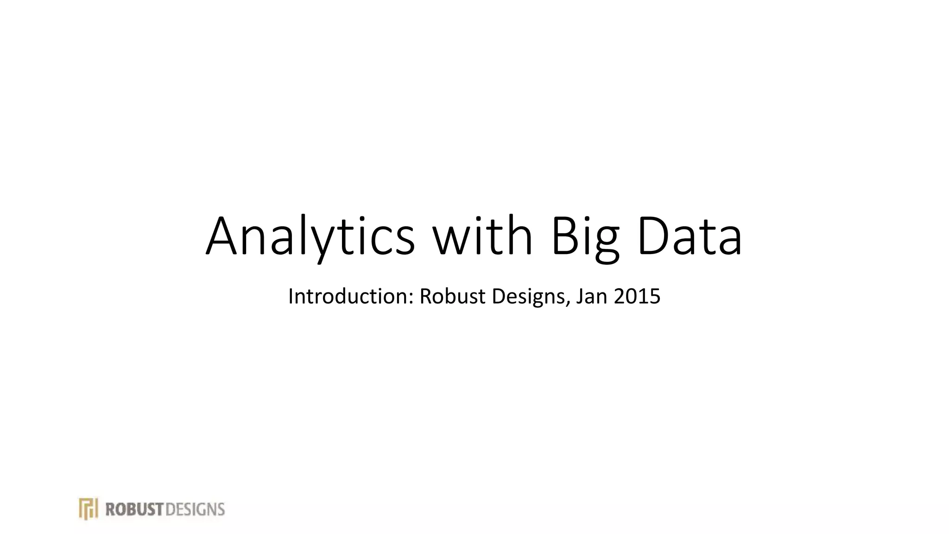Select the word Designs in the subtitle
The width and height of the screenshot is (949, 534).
click(529, 297)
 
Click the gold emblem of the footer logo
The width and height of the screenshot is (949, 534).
click(88, 509)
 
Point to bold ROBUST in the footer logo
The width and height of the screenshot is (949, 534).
click(135, 509)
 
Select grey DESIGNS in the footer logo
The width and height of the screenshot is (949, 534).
click(195, 509)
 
